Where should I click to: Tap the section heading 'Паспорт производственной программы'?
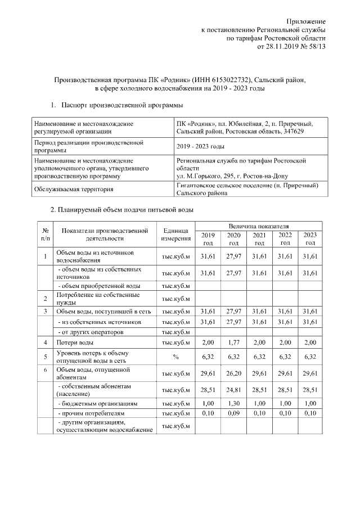120,105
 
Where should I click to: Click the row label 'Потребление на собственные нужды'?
96,298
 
